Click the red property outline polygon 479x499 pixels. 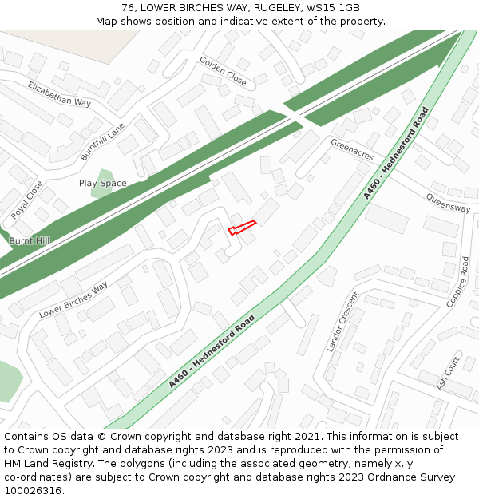coord(242,227)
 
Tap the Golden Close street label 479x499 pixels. coord(223,71)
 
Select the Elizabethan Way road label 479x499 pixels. coord(59,93)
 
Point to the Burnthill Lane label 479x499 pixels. coord(102,142)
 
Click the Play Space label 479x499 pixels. coord(102,184)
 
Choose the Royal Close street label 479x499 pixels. coord(27,200)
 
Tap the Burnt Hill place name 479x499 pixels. coord(29,240)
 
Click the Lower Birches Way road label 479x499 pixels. coord(73,300)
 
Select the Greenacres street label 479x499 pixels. coord(352,149)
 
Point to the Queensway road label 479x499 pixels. coord(448,203)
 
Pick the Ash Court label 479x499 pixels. coord(448,373)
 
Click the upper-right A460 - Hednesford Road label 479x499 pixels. coord(396,153)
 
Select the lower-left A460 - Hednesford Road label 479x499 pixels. coord(212,351)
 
